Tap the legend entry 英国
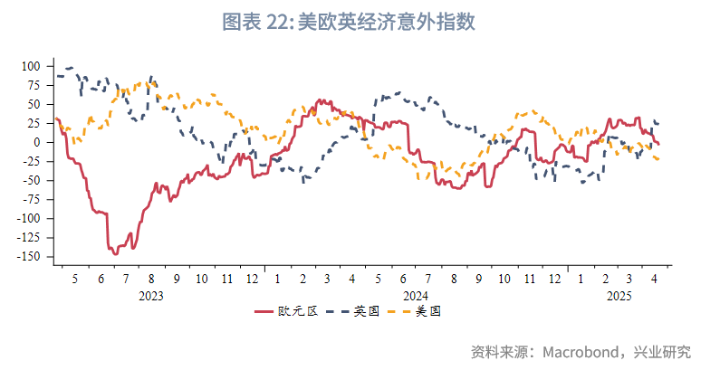point(366,311)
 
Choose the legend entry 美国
point(427,311)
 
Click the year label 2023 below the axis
point(151,296)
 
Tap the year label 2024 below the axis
point(416,296)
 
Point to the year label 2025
point(619,296)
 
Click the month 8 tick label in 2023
point(151,280)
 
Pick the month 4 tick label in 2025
point(655,280)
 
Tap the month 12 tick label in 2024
point(554,280)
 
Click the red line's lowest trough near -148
point(115,254)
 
